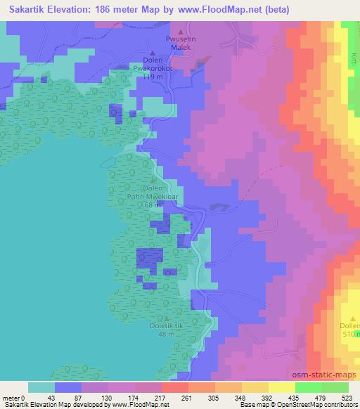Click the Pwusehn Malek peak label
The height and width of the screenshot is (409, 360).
pos(181,45)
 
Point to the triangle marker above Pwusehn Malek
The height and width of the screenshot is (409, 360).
pos(181,32)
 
